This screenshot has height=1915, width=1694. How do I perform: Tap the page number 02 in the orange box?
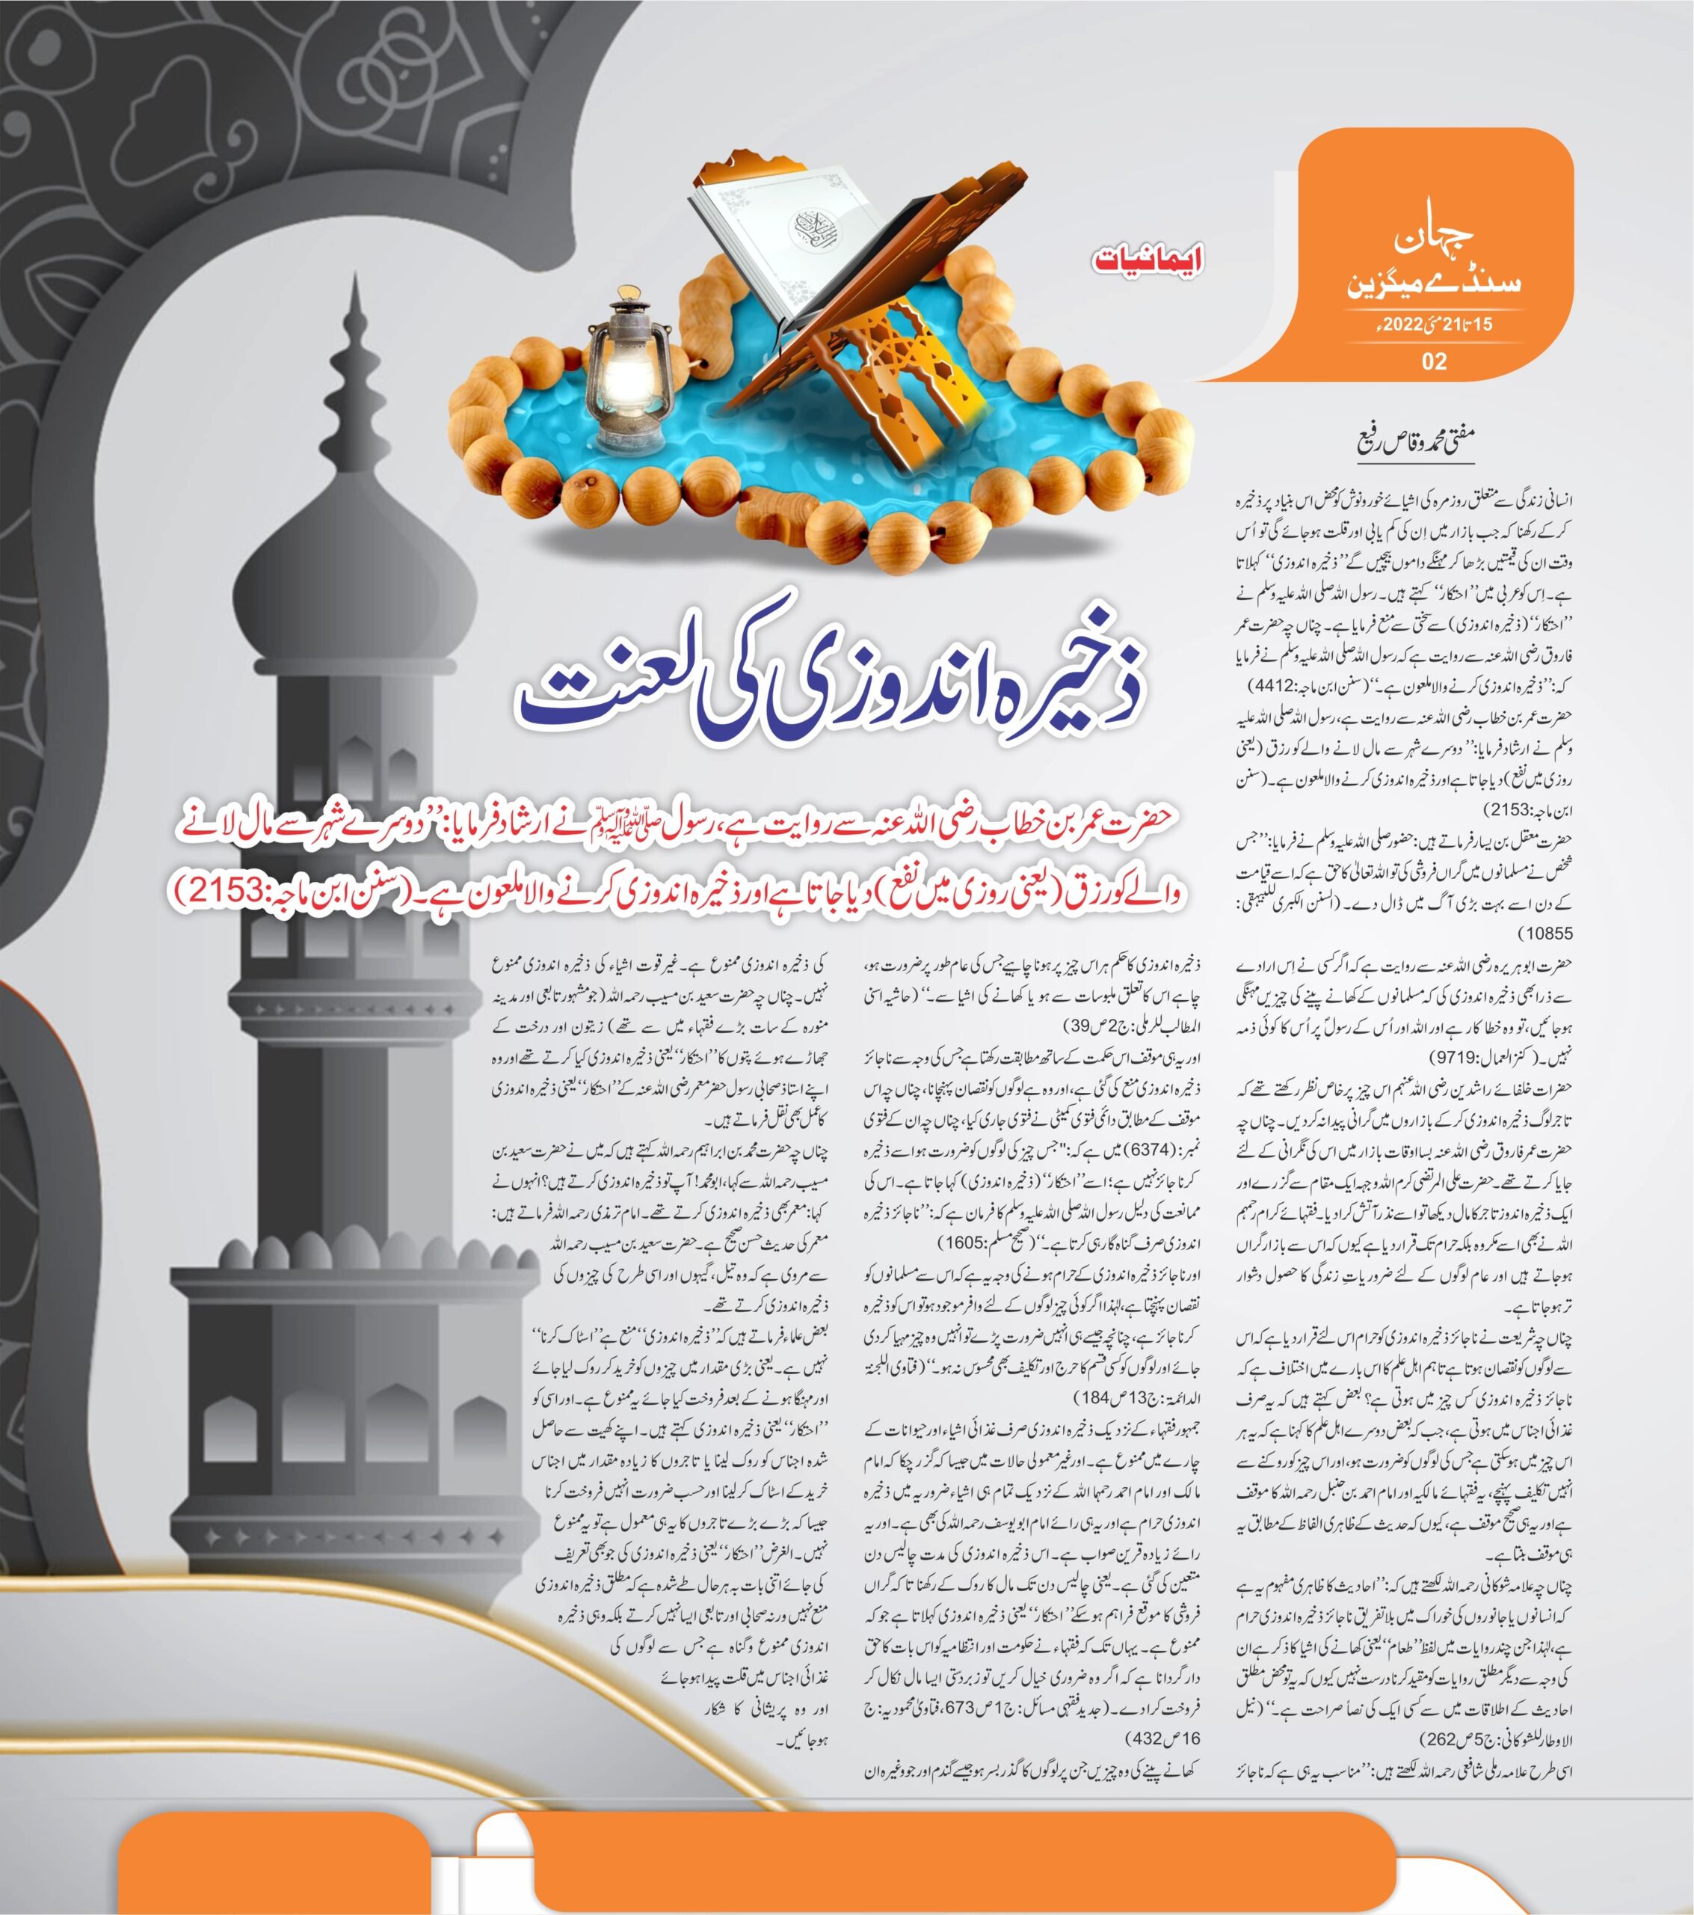pyautogui.click(x=1434, y=361)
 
